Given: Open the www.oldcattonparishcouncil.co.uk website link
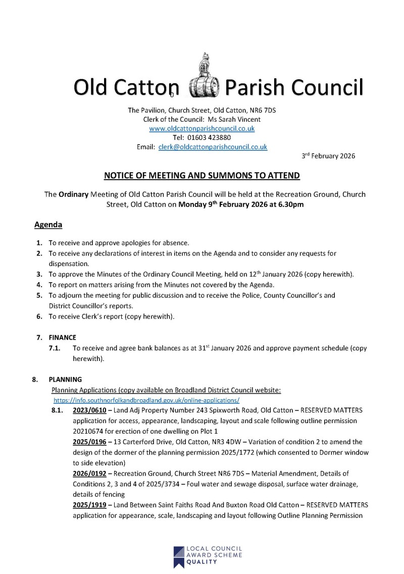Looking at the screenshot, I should tap(202, 129).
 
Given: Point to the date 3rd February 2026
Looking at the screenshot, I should tap(328, 156).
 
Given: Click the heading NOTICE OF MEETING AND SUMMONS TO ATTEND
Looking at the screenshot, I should tap(202, 176).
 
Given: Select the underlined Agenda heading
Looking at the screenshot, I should tap(48, 224).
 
